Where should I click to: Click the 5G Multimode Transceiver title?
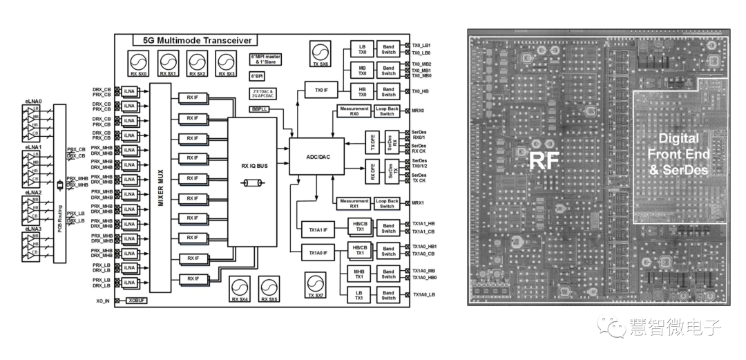pyautogui.click(x=195, y=41)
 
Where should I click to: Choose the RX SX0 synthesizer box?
pyautogui.click(x=139, y=63)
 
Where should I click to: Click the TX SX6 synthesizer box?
pyautogui.click(x=320, y=54)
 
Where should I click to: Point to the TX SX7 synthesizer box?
pyautogui.click(x=315, y=285)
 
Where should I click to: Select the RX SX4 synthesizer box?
pyautogui.click(x=240, y=290)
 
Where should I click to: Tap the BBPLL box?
pyautogui.click(x=260, y=109)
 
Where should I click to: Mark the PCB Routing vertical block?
pyautogui.click(x=59, y=182)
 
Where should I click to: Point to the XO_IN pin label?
pyautogui.click(x=103, y=301)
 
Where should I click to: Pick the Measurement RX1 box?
pyautogui.click(x=353, y=202)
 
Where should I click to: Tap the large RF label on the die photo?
pyautogui.click(x=544, y=161)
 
